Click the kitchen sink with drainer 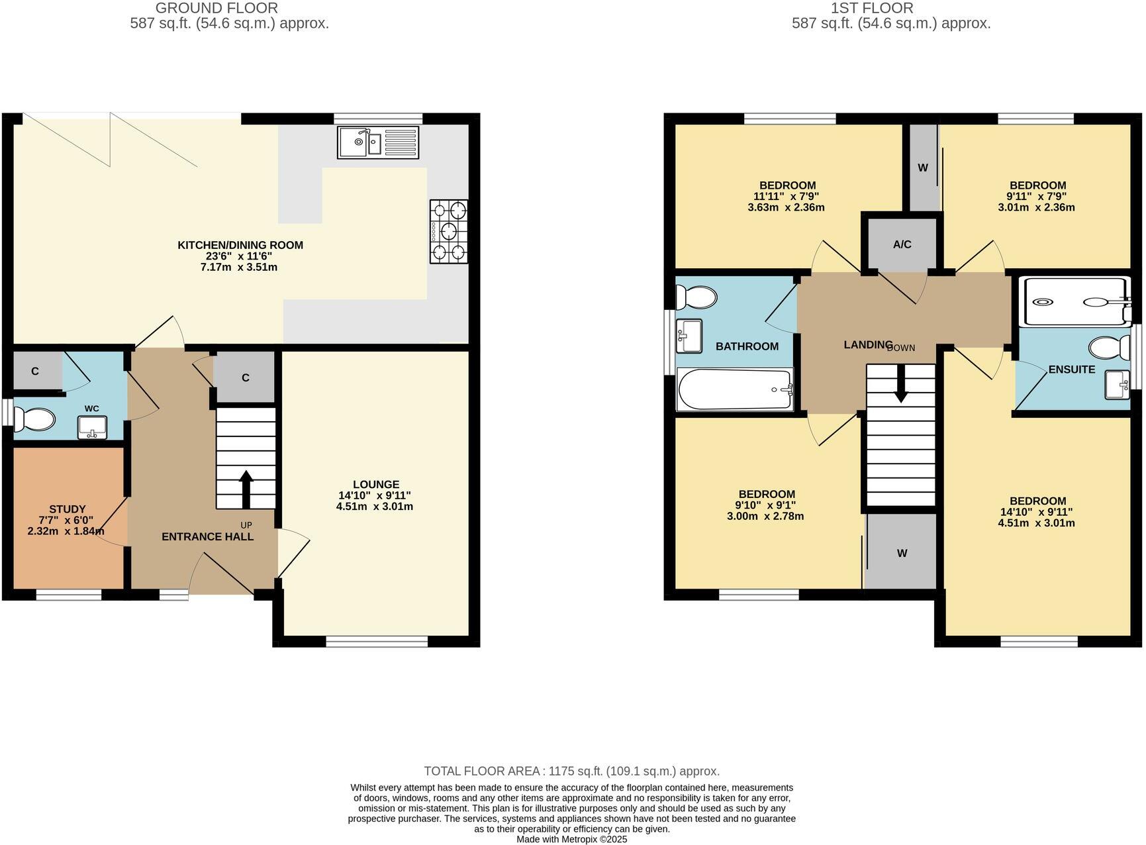[x=378, y=142]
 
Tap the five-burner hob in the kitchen [x=448, y=231]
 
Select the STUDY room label [x=68, y=509]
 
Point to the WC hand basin [x=92, y=427]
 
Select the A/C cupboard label [x=902, y=244]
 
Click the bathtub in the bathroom [x=735, y=389]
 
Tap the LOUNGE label [x=375, y=484]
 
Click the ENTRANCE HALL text [x=207, y=536]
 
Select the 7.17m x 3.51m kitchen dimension [x=240, y=268]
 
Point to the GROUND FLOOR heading [x=216, y=8]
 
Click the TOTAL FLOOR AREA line [x=571, y=771]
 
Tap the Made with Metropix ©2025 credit [x=571, y=839]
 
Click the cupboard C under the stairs [x=245, y=377]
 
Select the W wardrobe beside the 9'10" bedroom [x=902, y=553]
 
